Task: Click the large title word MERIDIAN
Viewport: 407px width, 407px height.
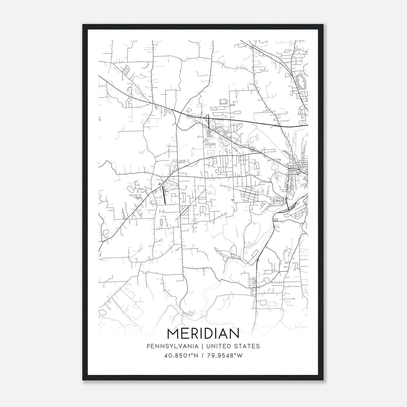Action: [x=203, y=333]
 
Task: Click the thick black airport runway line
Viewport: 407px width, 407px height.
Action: [x=164, y=195]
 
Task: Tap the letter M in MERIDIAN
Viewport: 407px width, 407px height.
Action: [x=173, y=333]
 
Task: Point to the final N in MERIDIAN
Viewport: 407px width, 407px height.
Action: [x=234, y=333]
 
